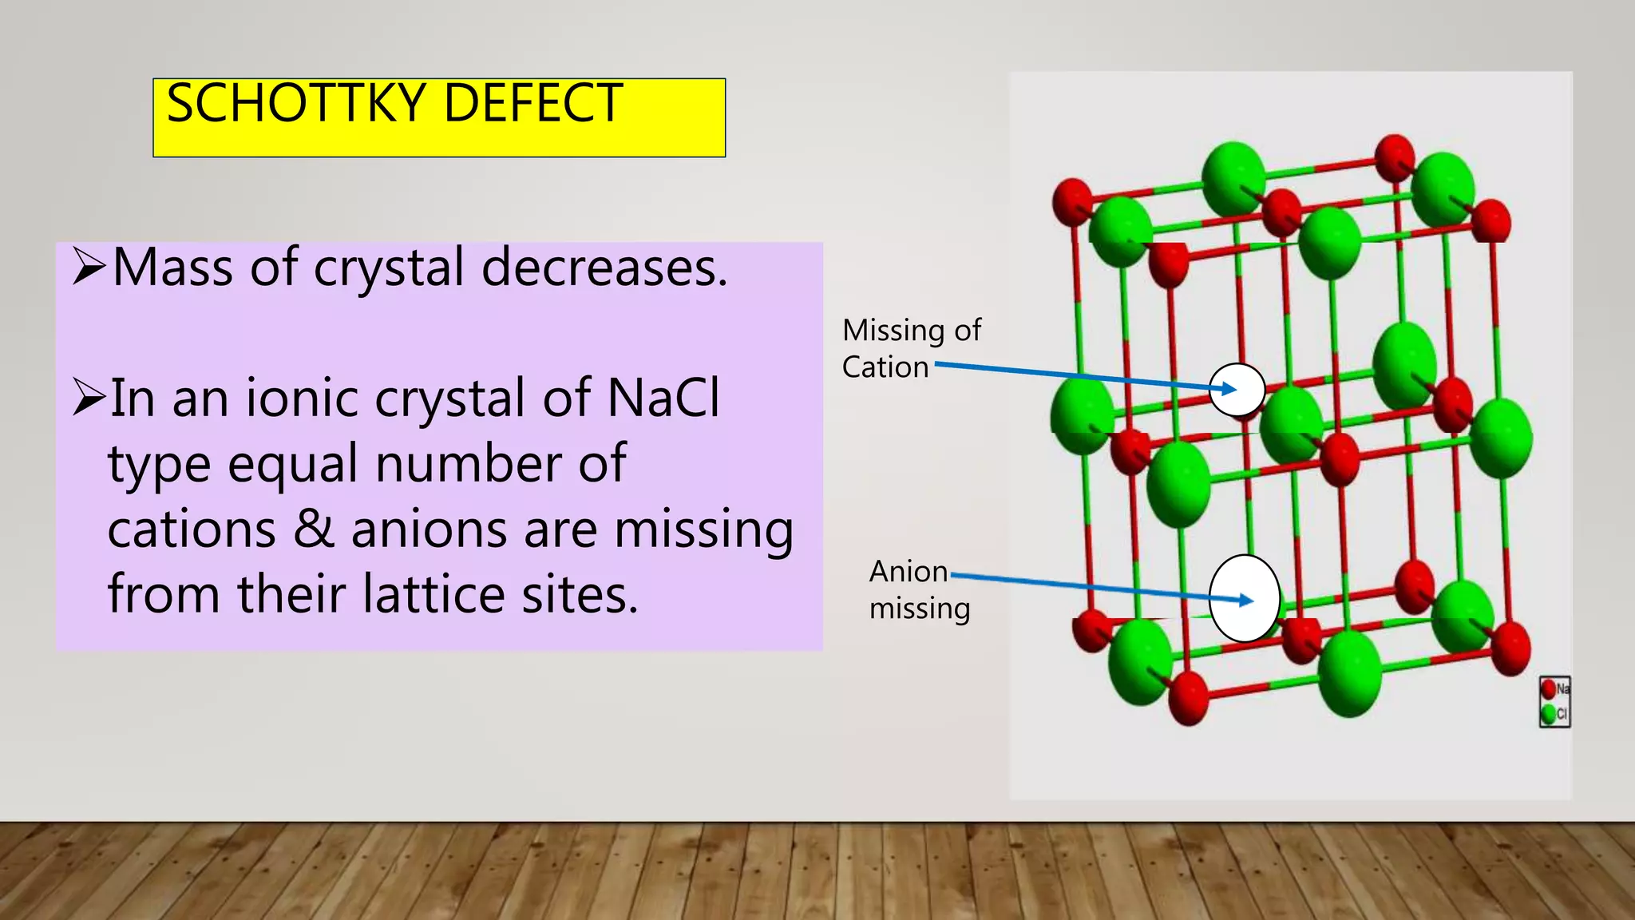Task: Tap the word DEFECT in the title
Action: (x=532, y=104)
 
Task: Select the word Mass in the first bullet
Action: (x=172, y=268)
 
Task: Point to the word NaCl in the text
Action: (x=663, y=398)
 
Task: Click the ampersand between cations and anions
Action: (x=313, y=529)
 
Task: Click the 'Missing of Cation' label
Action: (x=911, y=348)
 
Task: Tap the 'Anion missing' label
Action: (x=918, y=589)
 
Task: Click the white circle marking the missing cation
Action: (x=1237, y=390)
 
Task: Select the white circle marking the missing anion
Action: (x=1244, y=598)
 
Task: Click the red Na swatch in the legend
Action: (x=1549, y=688)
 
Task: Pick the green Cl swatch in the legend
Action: (x=1549, y=714)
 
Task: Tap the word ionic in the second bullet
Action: (x=302, y=398)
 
